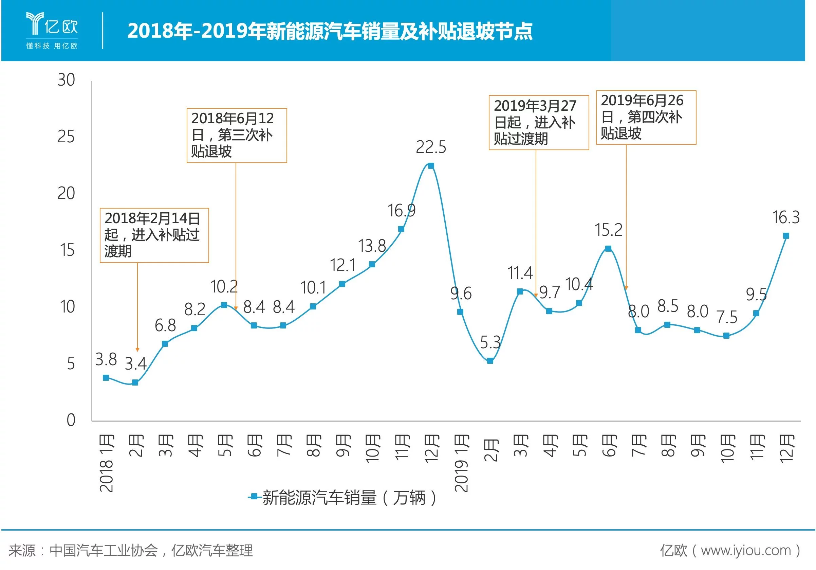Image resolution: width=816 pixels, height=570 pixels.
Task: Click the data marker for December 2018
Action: click(x=431, y=166)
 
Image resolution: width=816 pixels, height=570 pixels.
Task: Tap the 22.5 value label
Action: click(x=431, y=147)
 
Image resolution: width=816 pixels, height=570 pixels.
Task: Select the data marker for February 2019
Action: click(x=490, y=361)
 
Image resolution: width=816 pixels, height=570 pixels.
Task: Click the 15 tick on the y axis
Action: click(x=67, y=250)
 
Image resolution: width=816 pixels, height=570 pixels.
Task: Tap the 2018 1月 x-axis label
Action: click(x=106, y=462)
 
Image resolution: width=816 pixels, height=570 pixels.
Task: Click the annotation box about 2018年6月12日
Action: click(x=237, y=136)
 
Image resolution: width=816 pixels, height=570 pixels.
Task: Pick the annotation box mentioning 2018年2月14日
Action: click(x=154, y=235)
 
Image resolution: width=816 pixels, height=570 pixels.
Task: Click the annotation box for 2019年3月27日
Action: click(x=538, y=122)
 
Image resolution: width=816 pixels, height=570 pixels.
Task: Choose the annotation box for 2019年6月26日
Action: click(x=646, y=117)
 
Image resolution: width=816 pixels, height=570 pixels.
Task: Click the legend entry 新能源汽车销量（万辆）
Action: click(x=343, y=497)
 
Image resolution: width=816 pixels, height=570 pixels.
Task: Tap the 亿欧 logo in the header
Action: click(x=52, y=30)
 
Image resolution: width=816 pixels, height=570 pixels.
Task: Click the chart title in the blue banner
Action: click(x=330, y=31)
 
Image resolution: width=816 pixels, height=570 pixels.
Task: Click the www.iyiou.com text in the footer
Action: click(x=746, y=550)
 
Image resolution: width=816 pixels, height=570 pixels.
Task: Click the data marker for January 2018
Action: click(x=106, y=378)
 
